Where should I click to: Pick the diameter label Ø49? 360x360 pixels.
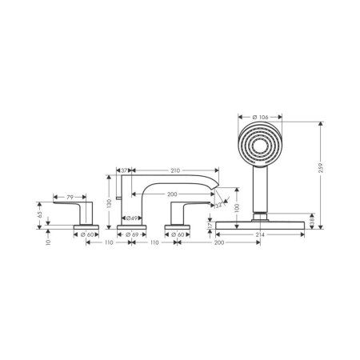[135, 218]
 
